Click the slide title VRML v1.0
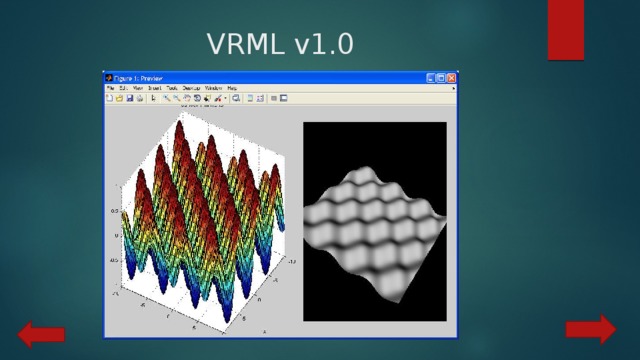[279, 45]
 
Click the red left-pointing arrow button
[41, 335]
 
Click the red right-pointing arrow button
[590, 329]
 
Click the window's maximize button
[442, 77]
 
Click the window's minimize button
[432, 77]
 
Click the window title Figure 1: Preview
[138, 77]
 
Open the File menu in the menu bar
[110, 88]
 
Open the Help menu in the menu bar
[231, 88]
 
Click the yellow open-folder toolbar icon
[119, 98]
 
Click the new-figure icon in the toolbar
[110, 98]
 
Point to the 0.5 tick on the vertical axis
[114, 211]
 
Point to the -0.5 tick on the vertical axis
[114, 260]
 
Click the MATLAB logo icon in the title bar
[108, 77]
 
